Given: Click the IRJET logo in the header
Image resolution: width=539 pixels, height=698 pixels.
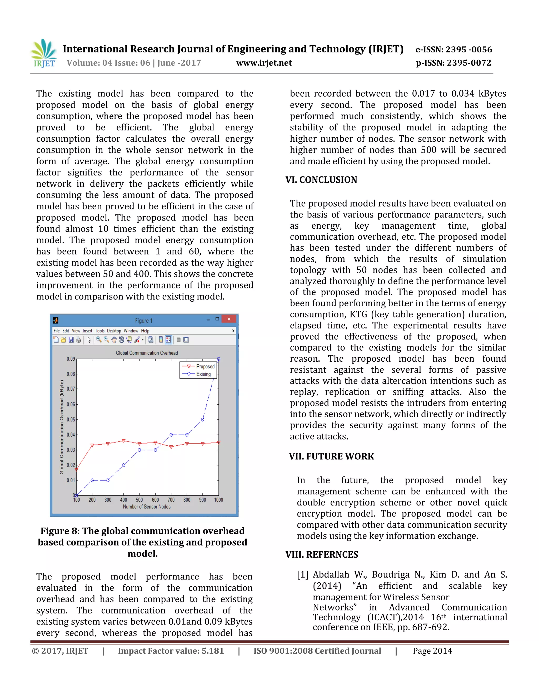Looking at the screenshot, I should [44, 53].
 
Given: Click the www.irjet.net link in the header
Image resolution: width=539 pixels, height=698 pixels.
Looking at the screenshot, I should [264, 63].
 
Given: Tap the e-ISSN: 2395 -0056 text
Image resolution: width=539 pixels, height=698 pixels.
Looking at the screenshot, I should [453, 50].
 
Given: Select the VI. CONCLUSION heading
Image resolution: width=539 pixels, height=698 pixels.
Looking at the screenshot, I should [321, 180].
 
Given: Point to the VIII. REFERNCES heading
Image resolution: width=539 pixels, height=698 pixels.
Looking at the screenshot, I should [322, 554].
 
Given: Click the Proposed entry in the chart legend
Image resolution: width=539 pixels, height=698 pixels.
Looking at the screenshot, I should [205, 366].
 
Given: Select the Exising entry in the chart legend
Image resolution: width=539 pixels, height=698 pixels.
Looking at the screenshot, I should [203, 374].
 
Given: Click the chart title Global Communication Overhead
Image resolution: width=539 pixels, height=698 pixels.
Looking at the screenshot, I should [147, 353].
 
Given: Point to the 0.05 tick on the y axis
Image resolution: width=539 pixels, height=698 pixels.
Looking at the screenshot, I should [71, 419].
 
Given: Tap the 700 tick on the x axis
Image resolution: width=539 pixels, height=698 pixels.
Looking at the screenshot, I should [171, 500].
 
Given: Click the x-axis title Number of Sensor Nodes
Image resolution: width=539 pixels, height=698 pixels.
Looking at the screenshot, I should [147, 507].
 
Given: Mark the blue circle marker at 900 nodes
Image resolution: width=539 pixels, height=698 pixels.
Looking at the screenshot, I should [202, 419].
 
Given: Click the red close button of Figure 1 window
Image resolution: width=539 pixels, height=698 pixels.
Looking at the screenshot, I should [229, 319].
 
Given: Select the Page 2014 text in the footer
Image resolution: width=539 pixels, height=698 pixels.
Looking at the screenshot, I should [432, 651].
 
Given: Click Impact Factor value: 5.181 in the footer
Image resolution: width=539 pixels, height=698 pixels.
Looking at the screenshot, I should [171, 651].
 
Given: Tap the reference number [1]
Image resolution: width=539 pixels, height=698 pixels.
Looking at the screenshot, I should [302, 575].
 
